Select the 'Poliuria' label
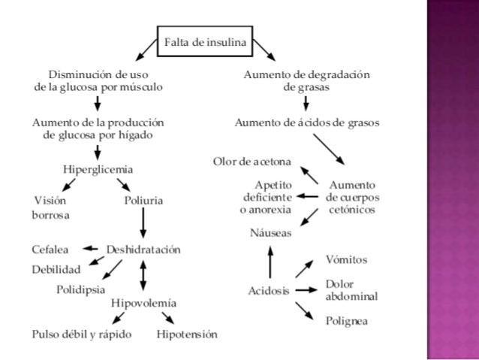coord(143,201)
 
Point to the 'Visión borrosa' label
coord(50,207)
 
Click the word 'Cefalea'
coord(50,249)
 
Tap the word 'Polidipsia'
coord(81,289)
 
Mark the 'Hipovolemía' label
coord(143,303)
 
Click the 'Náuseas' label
coord(270,234)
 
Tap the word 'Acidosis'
coord(268,291)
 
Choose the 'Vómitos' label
coord(346,259)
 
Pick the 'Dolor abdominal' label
coord(351,290)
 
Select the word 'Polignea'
coord(346,321)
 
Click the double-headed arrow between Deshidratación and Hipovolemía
coord(143,276)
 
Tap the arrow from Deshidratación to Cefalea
coord(90,249)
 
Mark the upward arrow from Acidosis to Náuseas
coord(270,262)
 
